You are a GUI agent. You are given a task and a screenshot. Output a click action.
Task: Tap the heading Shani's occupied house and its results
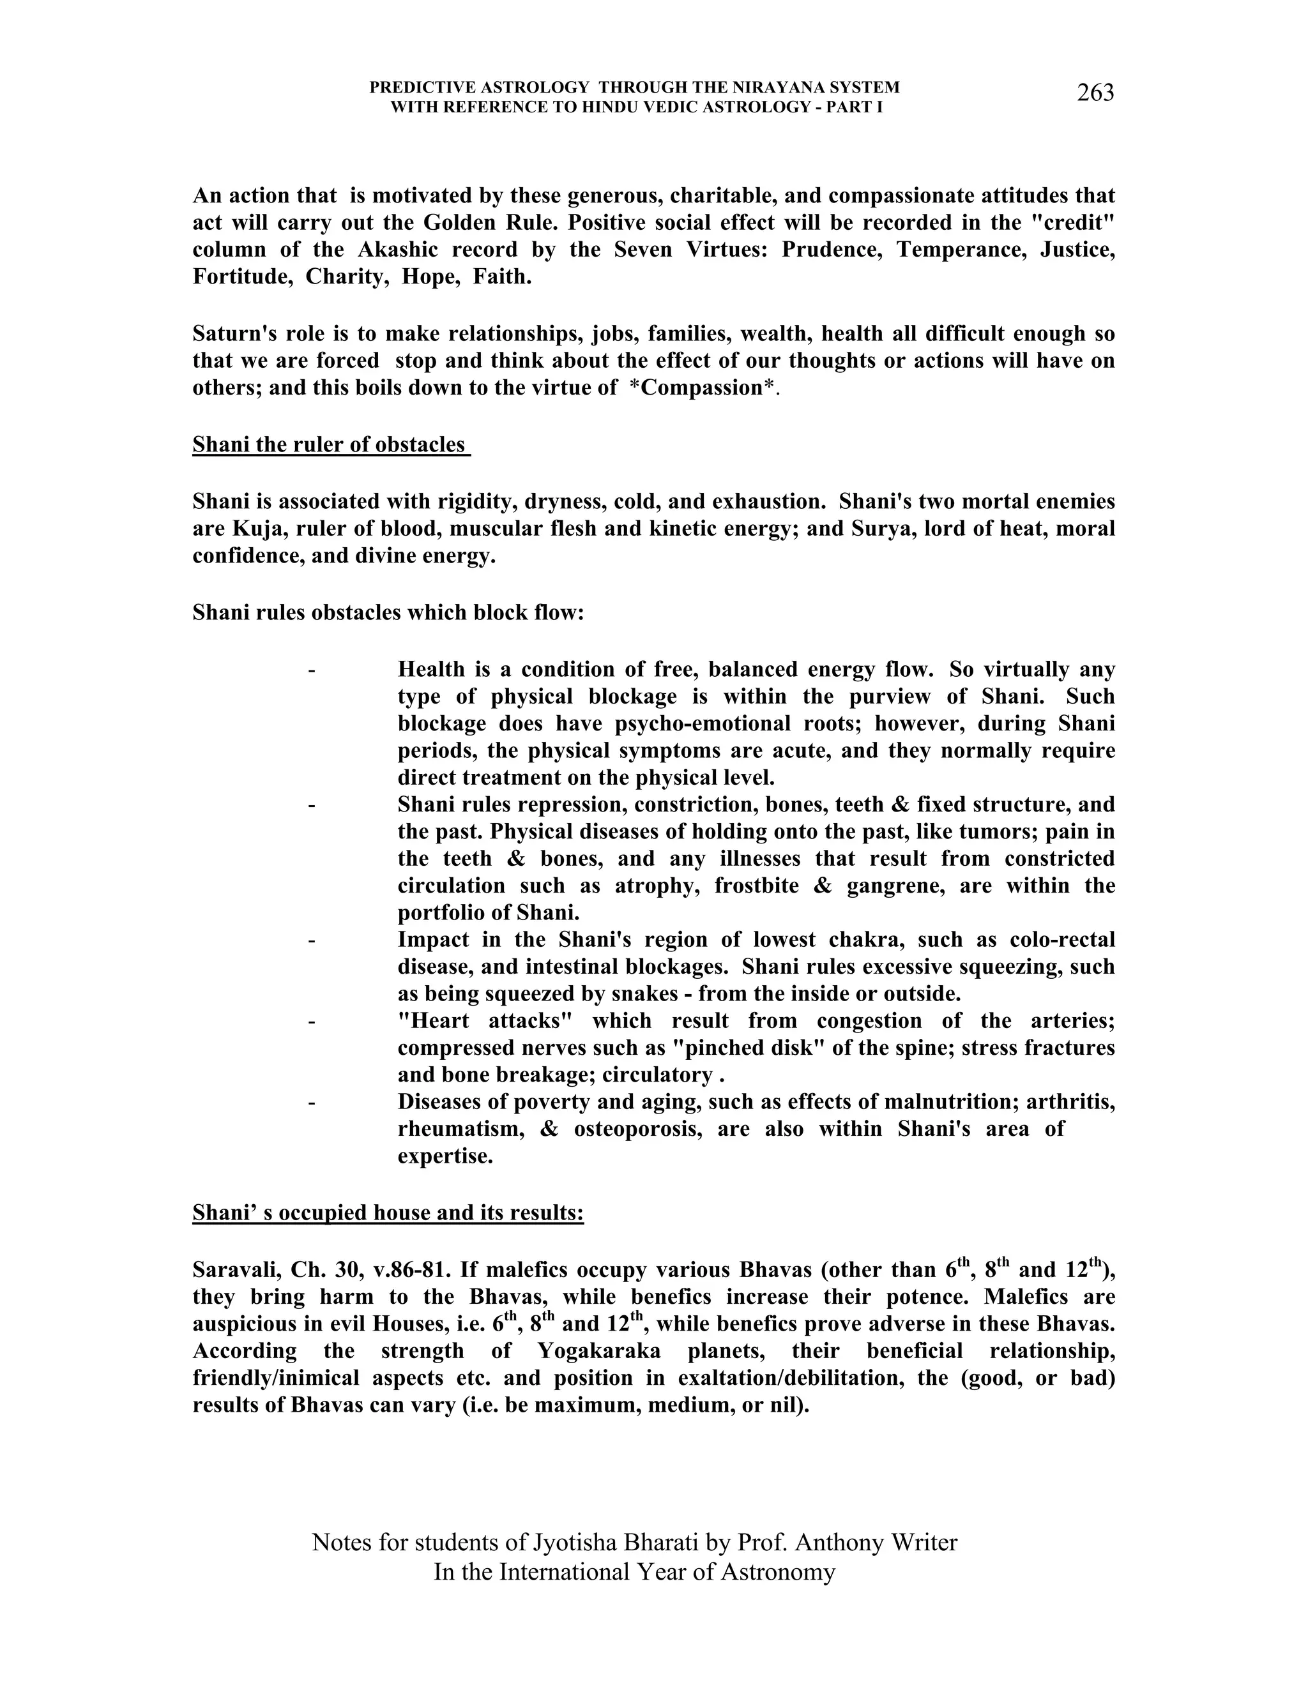(388, 1212)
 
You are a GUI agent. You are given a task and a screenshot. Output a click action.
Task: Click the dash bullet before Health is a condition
(312, 669)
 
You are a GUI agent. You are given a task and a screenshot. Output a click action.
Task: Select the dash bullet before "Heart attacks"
(312, 1021)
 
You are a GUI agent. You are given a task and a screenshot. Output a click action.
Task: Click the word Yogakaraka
(599, 1351)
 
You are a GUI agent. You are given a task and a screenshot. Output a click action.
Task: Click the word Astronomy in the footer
(778, 1572)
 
